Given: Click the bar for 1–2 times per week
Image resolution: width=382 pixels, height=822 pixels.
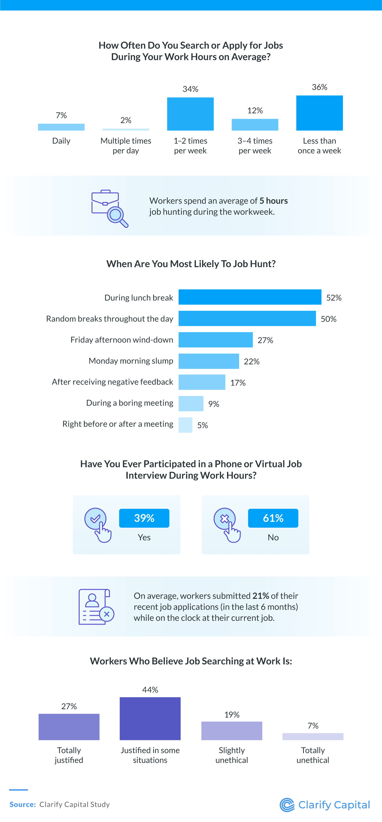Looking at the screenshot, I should (190, 114).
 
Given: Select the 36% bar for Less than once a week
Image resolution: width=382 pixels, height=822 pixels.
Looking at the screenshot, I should (319, 113).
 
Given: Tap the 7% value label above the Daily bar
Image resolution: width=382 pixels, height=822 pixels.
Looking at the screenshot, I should (61, 115).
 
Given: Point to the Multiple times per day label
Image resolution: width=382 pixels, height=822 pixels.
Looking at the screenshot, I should (126, 146).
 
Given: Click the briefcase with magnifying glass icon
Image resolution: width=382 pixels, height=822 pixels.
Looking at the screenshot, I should (109, 208).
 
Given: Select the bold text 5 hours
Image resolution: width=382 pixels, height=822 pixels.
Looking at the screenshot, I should (273, 201).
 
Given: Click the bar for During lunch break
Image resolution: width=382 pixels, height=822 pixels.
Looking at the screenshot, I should (250, 297).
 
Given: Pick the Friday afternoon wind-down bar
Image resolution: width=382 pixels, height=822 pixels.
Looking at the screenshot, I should (215, 340).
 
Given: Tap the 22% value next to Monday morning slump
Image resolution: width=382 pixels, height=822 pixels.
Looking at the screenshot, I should (252, 362).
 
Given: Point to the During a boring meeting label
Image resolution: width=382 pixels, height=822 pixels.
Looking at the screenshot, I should (130, 403).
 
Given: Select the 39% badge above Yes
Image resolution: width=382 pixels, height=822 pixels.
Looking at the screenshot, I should (144, 518).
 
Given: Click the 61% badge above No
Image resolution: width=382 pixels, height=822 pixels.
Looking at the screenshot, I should (273, 518).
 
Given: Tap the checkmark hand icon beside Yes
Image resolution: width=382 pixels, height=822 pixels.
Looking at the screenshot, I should (98, 525).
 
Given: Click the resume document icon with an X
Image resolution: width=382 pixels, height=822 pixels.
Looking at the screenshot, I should (96, 607).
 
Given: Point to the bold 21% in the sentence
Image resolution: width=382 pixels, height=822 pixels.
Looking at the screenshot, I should (261, 596).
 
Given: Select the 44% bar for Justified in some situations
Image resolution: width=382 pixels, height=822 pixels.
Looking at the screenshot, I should (150, 719).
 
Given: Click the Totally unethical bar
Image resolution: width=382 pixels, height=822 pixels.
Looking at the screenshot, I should (313, 736).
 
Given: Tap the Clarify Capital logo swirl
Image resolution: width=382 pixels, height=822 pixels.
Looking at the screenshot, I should (287, 805).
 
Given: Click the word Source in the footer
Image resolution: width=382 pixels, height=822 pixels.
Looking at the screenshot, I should (22, 805).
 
